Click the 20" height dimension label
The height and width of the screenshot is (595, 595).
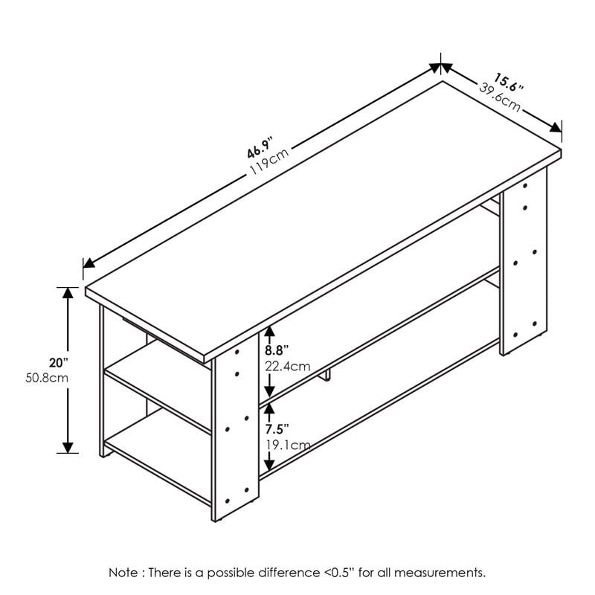pyautogui.click(x=58, y=363)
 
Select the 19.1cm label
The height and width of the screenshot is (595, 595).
pyautogui.click(x=286, y=445)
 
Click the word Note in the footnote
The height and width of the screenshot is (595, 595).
pyautogui.click(x=123, y=572)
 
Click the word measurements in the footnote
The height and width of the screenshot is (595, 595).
pyautogui.click(x=444, y=572)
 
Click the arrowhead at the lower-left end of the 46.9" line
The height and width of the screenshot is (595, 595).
pyautogui.click(x=89, y=263)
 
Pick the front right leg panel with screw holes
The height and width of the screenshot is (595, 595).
pyautogui.click(x=524, y=268)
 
